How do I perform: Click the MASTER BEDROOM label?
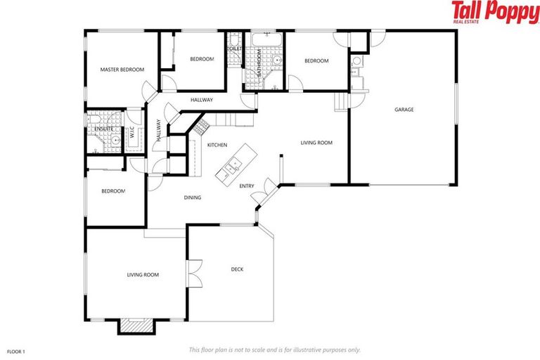(122, 70)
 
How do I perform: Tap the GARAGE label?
(404, 110)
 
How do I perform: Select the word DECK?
(238, 269)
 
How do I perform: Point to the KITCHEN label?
(217, 145)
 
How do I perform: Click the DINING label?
(193, 198)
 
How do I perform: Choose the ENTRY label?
(246, 186)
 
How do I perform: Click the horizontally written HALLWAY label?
(201, 100)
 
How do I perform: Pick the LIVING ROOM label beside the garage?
(316, 143)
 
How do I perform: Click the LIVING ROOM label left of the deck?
(142, 275)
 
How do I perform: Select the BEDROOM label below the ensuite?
(112, 191)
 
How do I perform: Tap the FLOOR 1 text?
(15, 349)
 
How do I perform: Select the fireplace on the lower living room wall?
(135, 326)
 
